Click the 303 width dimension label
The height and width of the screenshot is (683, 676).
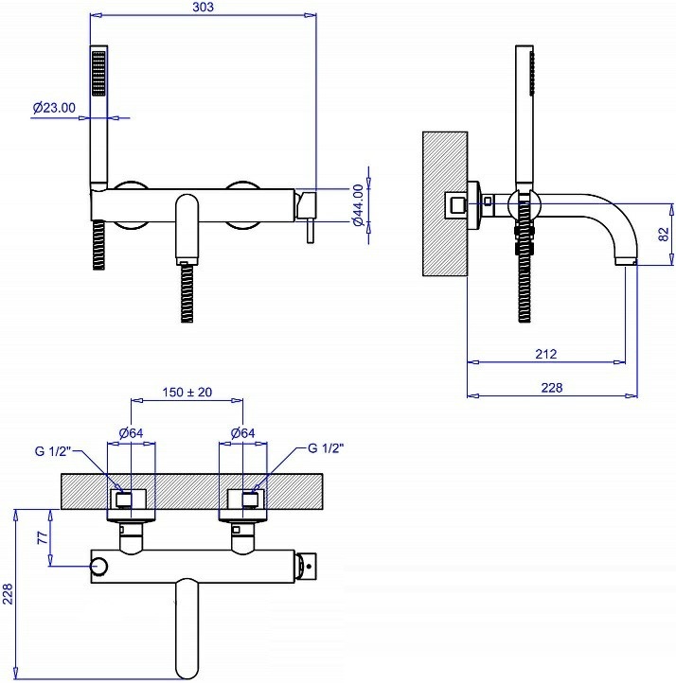[x=204, y=7]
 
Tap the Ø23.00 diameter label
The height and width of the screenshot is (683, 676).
[x=54, y=107]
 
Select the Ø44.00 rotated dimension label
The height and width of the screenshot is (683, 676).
[x=358, y=204]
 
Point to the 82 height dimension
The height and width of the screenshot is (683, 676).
[x=663, y=235]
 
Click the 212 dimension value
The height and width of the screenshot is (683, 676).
[x=546, y=354]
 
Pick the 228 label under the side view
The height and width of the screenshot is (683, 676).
[x=552, y=387]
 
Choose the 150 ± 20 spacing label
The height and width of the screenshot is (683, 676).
[x=187, y=392]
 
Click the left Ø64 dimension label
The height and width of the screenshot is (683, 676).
[x=132, y=433]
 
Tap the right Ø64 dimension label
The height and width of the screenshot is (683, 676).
[x=242, y=433]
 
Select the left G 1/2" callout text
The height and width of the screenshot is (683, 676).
[x=53, y=451]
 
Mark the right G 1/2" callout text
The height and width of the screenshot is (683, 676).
[x=326, y=448]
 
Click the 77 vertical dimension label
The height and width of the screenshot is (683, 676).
[x=43, y=537]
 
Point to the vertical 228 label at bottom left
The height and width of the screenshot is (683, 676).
[x=8, y=594]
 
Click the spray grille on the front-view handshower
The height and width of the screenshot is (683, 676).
[x=98, y=73]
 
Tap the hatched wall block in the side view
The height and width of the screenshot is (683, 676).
[x=445, y=203]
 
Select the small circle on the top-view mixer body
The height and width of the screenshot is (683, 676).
[x=99, y=567]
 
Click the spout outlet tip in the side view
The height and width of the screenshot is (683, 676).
[x=626, y=261]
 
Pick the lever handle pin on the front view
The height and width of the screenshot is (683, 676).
[x=310, y=230]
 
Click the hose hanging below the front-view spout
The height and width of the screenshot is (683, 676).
[x=187, y=292]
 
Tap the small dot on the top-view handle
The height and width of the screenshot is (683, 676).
[x=309, y=567]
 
